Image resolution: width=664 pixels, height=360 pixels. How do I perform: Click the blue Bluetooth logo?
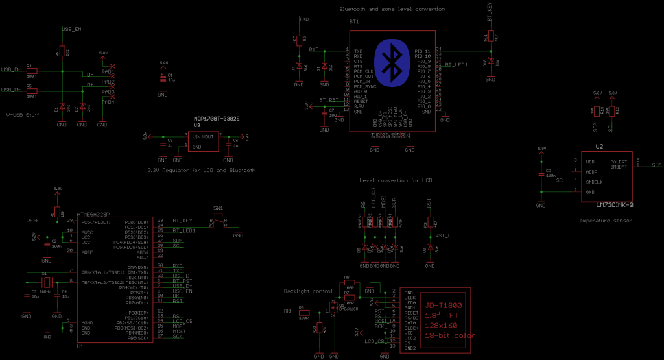click(x=391, y=62)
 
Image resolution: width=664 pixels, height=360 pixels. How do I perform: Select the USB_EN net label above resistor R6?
click(x=71, y=30)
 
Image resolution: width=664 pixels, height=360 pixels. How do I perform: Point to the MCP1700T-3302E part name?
click(x=217, y=119)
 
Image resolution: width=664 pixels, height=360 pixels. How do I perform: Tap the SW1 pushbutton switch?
click(x=219, y=221)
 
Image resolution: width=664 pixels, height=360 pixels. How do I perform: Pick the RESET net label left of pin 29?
click(x=34, y=221)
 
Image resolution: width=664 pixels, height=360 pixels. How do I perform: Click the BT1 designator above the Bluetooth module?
click(x=354, y=21)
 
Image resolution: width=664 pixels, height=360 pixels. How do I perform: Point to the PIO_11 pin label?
click(x=423, y=50)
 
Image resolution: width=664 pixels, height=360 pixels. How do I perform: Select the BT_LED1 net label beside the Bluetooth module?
click(x=456, y=65)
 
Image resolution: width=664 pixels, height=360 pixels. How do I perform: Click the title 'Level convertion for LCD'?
click(x=395, y=180)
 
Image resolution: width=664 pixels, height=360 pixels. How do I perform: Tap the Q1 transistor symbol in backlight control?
click(x=335, y=305)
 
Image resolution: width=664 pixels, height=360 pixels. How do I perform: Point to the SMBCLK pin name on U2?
click(x=595, y=182)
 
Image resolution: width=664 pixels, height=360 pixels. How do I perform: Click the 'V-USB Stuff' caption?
click(x=22, y=115)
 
